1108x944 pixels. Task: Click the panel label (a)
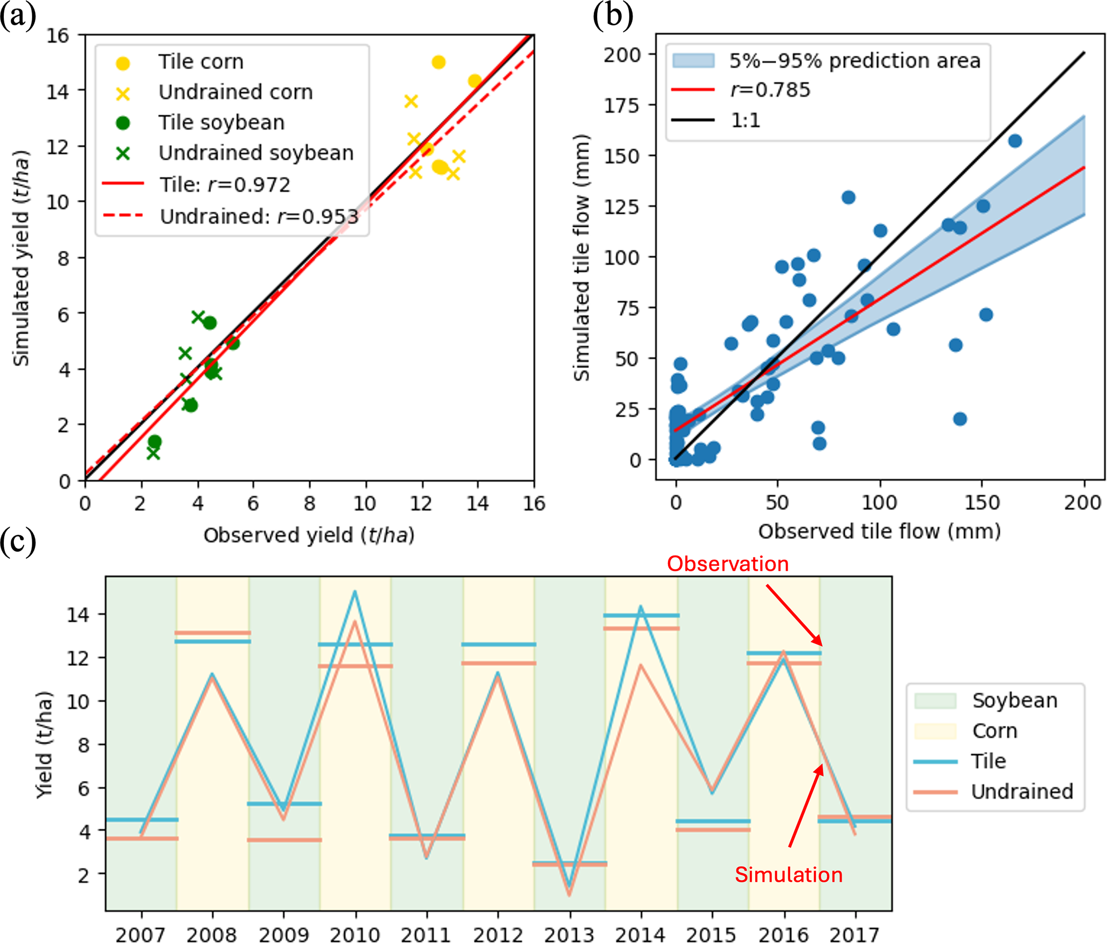tap(18, 16)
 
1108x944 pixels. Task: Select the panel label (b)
tap(613, 16)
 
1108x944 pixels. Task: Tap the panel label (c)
tap(18, 542)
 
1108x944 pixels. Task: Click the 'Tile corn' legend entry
tap(200, 62)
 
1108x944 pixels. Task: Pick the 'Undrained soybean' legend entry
tap(256, 153)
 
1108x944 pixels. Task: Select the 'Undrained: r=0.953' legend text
tap(259, 217)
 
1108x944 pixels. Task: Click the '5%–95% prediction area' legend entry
tap(854, 61)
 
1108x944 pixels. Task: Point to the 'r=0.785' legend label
tap(770, 90)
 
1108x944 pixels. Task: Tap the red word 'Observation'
tap(727, 564)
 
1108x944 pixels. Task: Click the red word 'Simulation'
tap(789, 875)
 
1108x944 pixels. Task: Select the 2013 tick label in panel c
tap(569, 934)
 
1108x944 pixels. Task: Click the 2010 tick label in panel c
tap(355, 934)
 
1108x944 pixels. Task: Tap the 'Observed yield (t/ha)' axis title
tap(309, 536)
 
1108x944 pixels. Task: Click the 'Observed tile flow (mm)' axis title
tap(879, 531)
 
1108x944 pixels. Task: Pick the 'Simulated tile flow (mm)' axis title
tap(582, 257)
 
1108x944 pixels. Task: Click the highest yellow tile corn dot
tap(438, 63)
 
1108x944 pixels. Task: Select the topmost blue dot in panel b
tap(1015, 141)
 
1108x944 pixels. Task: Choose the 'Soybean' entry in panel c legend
tap(1015, 701)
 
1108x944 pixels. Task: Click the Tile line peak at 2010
tap(355, 592)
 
